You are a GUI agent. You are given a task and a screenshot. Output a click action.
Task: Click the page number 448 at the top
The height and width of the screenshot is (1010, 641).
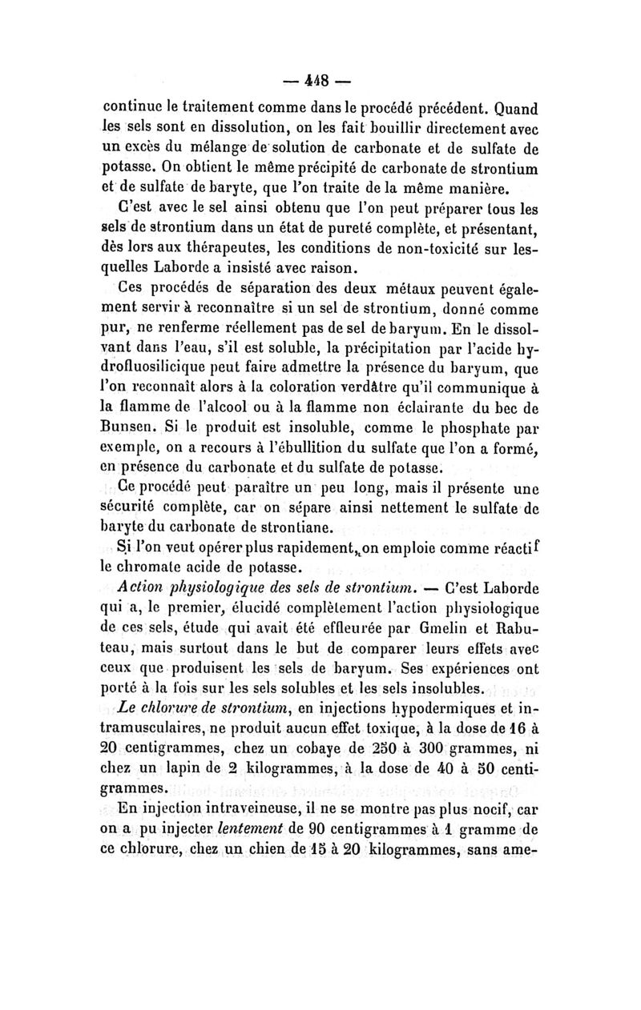pyautogui.click(x=320, y=82)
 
